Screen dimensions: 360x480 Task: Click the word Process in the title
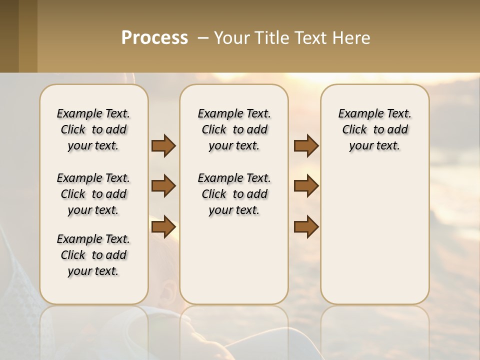click(154, 38)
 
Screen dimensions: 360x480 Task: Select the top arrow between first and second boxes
click(163, 146)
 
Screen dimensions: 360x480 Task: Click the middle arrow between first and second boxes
click(163, 186)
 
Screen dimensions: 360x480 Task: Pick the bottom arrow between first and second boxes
click(163, 227)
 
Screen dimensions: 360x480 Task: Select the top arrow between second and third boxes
click(306, 146)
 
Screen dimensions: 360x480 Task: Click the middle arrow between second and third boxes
click(306, 186)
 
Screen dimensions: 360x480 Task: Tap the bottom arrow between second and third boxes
click(306, 227)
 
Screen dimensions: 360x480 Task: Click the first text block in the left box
click(93, 129)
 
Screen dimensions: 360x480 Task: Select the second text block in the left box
click(93, 194)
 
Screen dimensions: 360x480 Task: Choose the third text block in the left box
click(93, 255)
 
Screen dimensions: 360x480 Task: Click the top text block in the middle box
click(234, 129)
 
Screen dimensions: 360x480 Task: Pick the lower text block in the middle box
click(234, 194)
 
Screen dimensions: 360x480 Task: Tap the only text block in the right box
click(374, 129)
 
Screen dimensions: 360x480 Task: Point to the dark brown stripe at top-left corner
click(9, 36)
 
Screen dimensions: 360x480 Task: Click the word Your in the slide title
click(231, 38)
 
